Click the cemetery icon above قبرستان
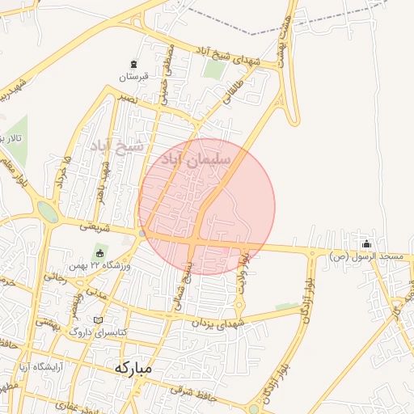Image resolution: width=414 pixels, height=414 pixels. pyautogui.click(x=133, y=64)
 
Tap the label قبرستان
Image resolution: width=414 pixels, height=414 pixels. pyautogui.click(x=135, y=78)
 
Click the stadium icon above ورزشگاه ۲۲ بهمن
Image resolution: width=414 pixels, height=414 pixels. pyautogui.click(x=100, y=252)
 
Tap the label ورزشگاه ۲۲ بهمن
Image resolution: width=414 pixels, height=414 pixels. pyautogui.click(x=108, y=265)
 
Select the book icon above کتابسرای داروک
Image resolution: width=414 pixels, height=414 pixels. pyautogui.click(x=99, y=319)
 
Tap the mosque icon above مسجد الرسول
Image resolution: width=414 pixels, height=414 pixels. pyautogui.click(x=367, y=243)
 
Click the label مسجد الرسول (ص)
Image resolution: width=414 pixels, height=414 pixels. pyautogui.click(x=366, y=256)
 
